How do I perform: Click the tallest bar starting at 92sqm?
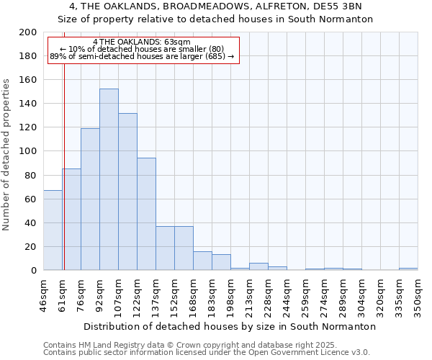[x=109, y=180]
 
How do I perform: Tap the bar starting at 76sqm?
[x=90, y=199]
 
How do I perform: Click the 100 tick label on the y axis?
[x=28, y=151]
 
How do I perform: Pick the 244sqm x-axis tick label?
[x=287, y=296]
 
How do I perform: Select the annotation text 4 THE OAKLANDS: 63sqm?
[x=142, y=42]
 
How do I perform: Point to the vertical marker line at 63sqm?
[x=64, y=166]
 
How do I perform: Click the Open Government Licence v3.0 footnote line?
[x=207, y=353]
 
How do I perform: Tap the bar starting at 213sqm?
[x=258, y=266]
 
